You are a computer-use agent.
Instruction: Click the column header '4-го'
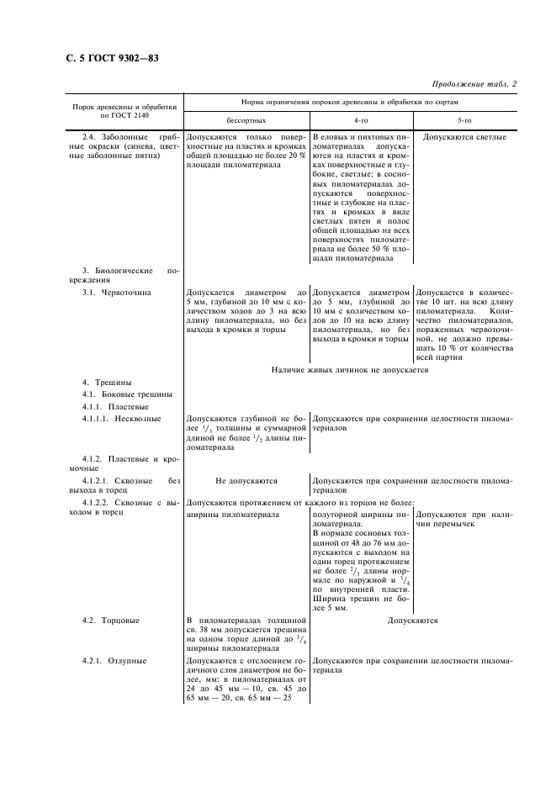[x=361, y=120]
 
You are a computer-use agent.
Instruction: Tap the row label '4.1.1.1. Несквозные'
[x=122, y=418]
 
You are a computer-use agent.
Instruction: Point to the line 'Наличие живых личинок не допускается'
[x=351, y=369]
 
